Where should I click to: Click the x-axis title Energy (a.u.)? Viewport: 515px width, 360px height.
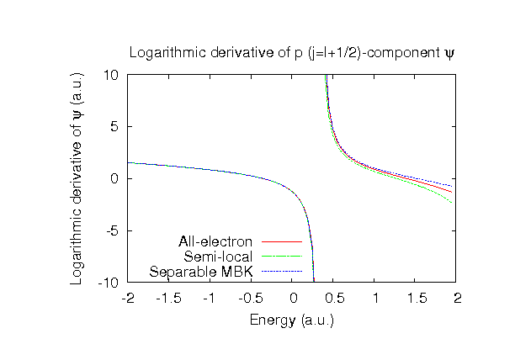coord(292,320)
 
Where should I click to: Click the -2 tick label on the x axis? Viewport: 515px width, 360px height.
coord(128,298)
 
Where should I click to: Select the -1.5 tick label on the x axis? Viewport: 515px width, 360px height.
coord(169,298)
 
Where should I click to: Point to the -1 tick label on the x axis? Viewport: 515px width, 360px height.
coord(210,298)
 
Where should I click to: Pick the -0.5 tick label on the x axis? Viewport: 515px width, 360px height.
coord(251,298)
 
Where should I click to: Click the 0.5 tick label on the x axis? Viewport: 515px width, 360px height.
coord(333,298)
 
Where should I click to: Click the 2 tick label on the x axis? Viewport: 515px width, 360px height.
coord(456,298)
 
